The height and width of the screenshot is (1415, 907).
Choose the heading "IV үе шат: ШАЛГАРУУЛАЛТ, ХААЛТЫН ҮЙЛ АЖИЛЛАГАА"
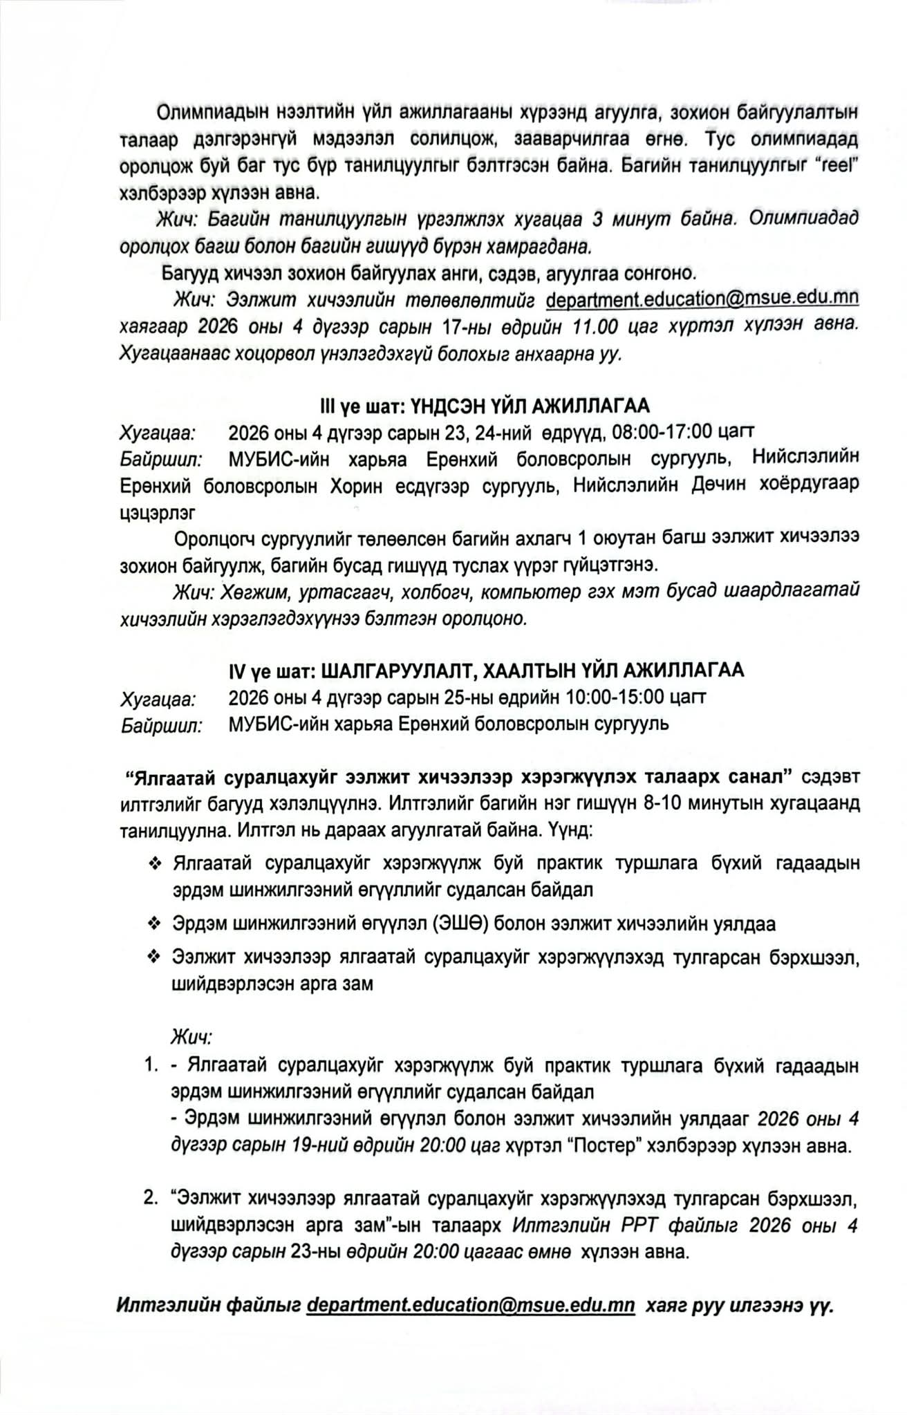tap(487, 670)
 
